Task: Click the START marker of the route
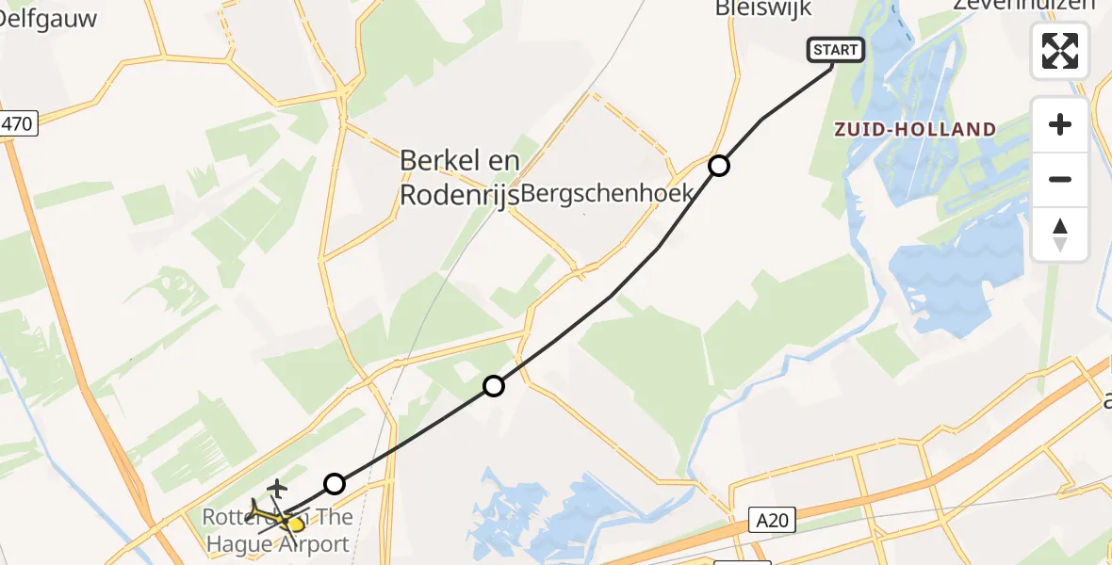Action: click(x=835, y=50)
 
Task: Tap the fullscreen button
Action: click(x=1060, y=51)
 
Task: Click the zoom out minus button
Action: click(x=1060, y=179)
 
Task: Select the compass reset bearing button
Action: click(x=1060, y=234)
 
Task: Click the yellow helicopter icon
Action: click(x=276, y=517)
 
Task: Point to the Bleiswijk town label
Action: click(x=762, y=8)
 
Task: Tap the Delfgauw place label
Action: click(x=49, y=18)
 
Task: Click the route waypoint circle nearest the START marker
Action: click(x=719, y=167)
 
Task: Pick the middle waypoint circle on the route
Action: click(x=494, y=385)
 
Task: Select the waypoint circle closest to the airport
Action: click(x=335, y=484)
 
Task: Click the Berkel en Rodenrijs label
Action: click(x=459, y=177)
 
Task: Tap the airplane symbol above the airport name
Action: click(x=277, y=488)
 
